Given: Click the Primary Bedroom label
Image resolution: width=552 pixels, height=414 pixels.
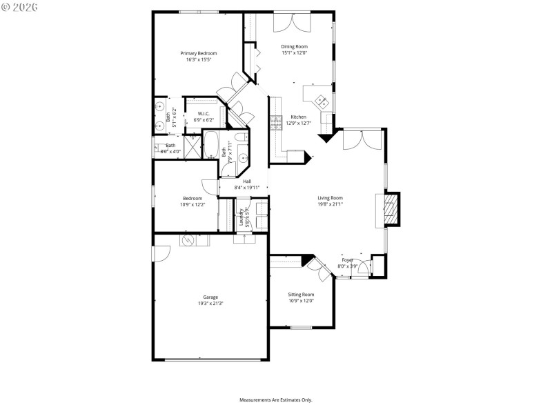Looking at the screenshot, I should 199,53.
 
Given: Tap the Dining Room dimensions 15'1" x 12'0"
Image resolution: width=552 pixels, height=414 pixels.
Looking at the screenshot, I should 294,53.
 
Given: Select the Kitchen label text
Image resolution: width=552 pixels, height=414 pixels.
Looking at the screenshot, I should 298,117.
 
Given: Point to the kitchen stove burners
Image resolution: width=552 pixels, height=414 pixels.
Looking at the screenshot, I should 277,122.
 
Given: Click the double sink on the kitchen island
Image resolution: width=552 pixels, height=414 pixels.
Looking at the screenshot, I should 322,101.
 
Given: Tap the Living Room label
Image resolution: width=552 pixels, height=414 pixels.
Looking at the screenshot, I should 330,198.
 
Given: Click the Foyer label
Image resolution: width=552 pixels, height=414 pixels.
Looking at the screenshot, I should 347,260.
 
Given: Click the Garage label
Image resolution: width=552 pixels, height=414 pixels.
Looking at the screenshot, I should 210,297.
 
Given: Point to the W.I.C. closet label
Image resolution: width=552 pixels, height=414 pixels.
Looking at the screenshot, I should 204,114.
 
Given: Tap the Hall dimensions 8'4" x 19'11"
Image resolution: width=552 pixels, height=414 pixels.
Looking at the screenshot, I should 246,188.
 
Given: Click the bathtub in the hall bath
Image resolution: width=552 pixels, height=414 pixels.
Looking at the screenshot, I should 211,146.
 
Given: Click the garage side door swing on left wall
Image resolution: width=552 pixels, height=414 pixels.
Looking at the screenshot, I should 160,254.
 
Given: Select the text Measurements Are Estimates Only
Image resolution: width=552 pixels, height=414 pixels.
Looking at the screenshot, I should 276,400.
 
